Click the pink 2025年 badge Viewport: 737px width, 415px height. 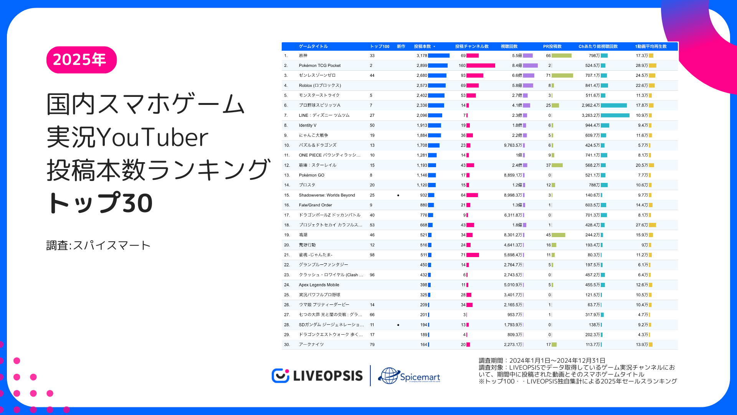coord(81,60)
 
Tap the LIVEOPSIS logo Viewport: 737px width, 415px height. coord(317,375)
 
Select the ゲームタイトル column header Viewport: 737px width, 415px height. coord(313,46)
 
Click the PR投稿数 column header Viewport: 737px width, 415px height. coord(552,46)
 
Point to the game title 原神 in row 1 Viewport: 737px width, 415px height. coord(303,56)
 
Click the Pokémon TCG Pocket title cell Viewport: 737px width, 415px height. coord(320,66)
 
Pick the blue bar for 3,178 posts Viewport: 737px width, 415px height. coord(438,56)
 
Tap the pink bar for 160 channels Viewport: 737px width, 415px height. coord(481,66)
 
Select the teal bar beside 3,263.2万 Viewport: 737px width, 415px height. coord(615,115)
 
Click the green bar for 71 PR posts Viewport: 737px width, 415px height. coord(562,76)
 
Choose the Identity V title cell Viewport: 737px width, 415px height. coord(308,125)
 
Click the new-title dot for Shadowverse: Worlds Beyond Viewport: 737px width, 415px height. coord(398,195)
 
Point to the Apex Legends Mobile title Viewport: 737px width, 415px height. coord(319,285)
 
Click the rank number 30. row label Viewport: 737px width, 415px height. coord(287,345)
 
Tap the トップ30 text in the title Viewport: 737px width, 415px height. coord(100,203)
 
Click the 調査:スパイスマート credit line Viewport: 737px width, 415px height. coord(98,246)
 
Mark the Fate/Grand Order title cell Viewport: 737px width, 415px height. coord(316,205)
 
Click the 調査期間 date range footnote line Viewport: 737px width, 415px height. coord(542,360)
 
